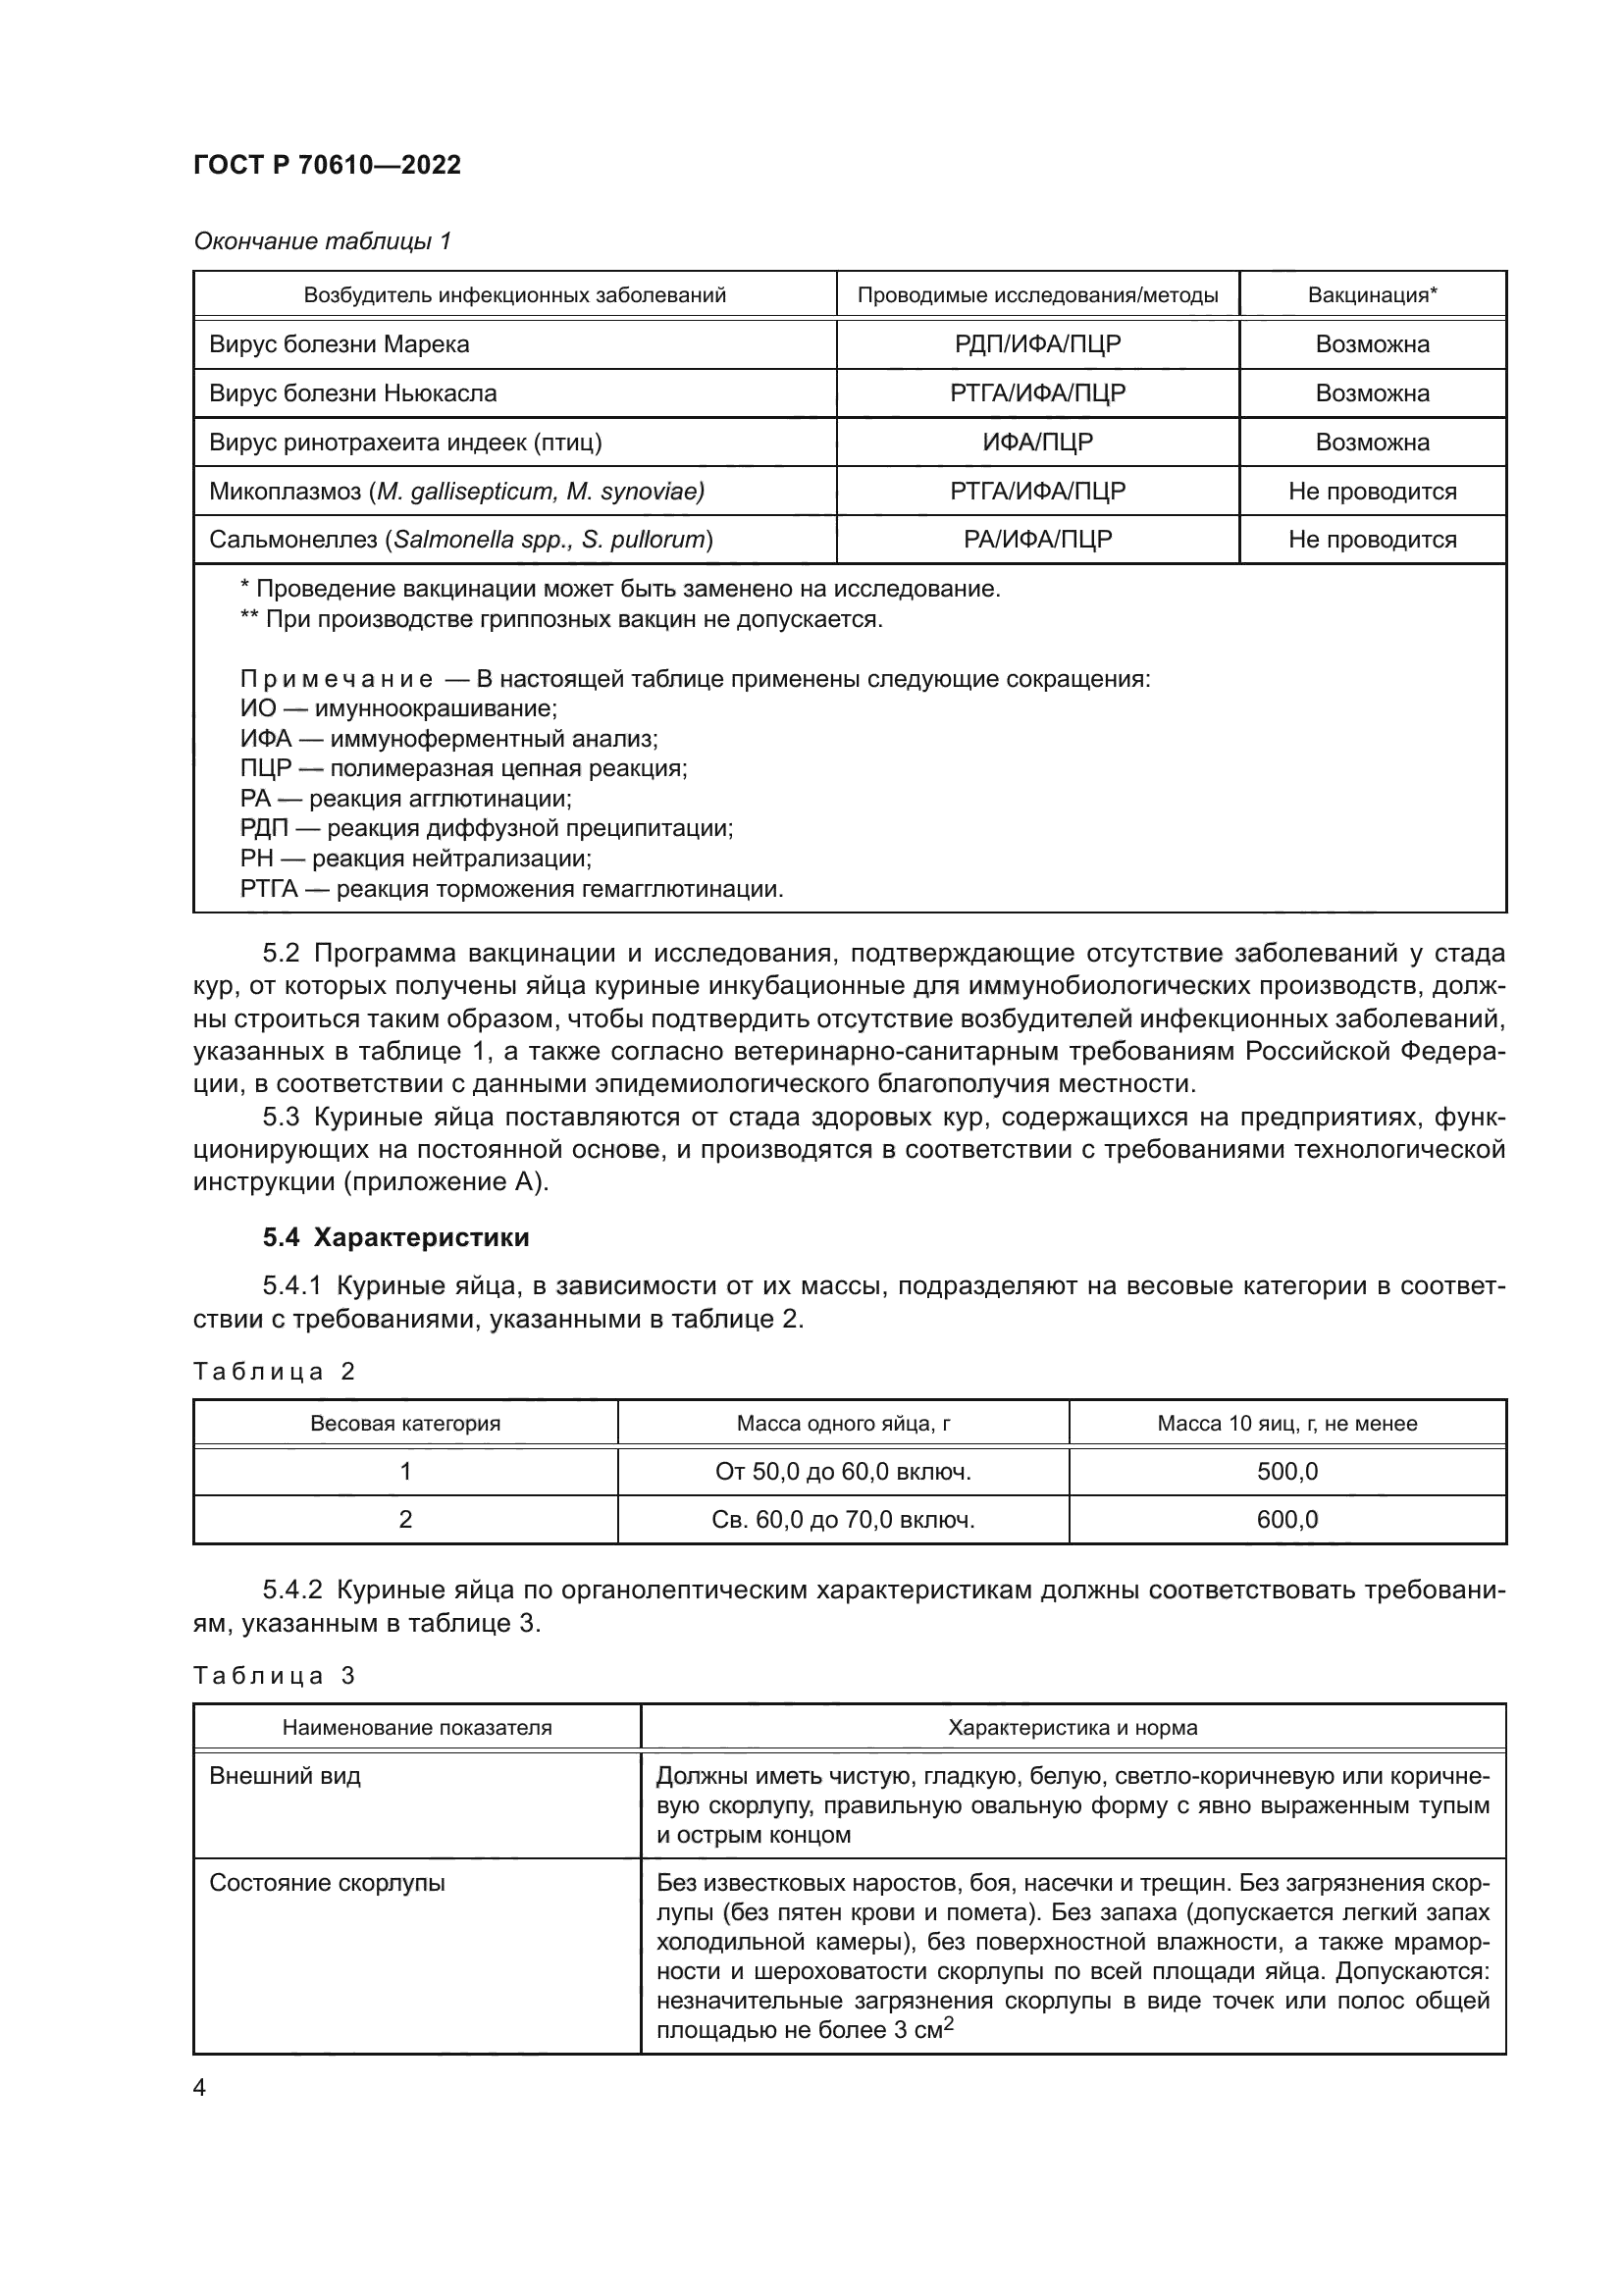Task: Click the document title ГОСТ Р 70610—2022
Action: click(x=327, y=165)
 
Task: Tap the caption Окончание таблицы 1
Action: click(x=322, y=241)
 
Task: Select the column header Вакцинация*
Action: click(x=1372, y=295)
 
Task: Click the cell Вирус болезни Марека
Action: click(x=339, y=343)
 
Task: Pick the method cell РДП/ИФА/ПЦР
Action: click(x=1037, y=343)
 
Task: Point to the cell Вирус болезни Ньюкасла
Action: click(x=353, y=392)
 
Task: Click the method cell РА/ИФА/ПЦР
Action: click(x=1037, y=540)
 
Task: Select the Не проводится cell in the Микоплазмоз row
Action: click(x=1372, y=491)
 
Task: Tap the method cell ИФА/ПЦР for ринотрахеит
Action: click(x=1037, y=442)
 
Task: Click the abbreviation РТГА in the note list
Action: click(x=269, y=889)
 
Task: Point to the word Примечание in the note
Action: click(x=336, y=680)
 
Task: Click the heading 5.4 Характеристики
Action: click(x=395, y=1237)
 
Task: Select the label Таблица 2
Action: click(x=274, y=1372)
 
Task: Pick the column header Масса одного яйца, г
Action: click(x=843, y=1424)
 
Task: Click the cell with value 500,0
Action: click(x=1287, y=1472)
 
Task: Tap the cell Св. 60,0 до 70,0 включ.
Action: click(x=843, y=1519)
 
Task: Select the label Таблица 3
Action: click(x=274, y=1676)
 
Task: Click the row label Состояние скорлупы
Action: click(x=327, y=1883)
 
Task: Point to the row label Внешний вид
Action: click(x=285, y=1776)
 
